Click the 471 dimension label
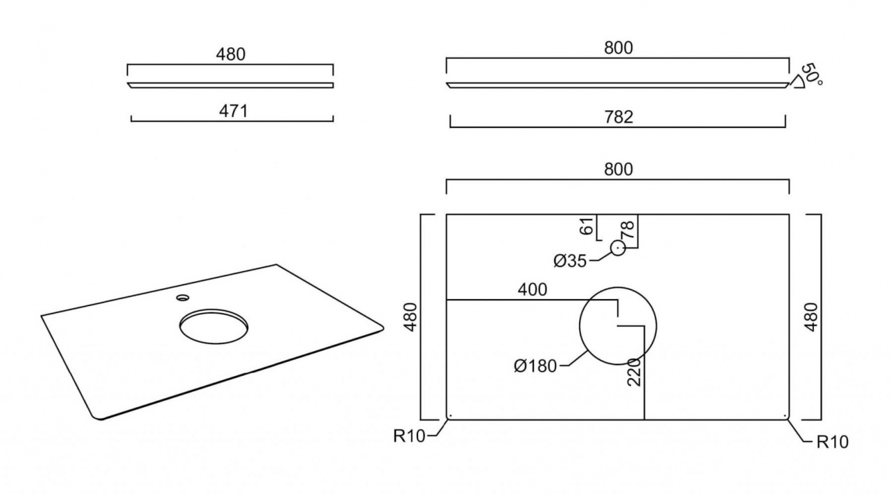[233, 111]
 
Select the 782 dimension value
[619, 117]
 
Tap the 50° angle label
[811, 74]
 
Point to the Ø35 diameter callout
[571, 261]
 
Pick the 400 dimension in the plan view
[532, 289]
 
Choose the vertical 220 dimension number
[634, 371]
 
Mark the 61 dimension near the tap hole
[587, 226]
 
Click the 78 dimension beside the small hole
[629, 229]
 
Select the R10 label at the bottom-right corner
[832, 442]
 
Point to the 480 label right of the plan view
[829, 316]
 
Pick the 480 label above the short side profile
[230, 55]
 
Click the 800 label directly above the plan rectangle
[619, 170]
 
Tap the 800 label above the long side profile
[619, 48]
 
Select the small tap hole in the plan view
[618, 248]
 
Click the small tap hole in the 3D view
[183, 296]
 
